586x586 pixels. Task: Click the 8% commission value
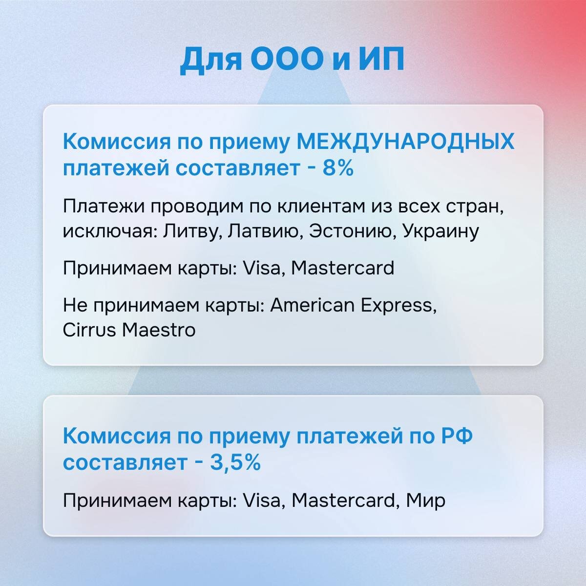[x=337, y=168]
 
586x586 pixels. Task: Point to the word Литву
[x=193, y=231]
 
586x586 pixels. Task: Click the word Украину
[x=440, y=231]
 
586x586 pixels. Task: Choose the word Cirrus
[x=89, y=330]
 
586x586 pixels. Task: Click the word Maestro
[x=159, y=330]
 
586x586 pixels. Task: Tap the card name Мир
[x=426, y=501]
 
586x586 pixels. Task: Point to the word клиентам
[x=320, y=207]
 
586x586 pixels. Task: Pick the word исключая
[x=106, y=231]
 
